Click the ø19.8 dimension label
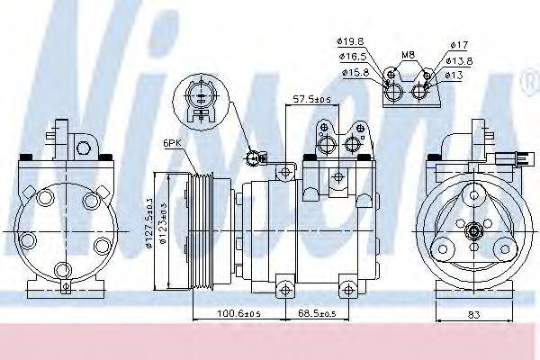[x=352, y=40]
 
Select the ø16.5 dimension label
[x=352, y=56]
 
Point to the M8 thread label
[x=408, y=55]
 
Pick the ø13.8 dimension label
[x=461, y=60]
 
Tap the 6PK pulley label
[x=172, y=143]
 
